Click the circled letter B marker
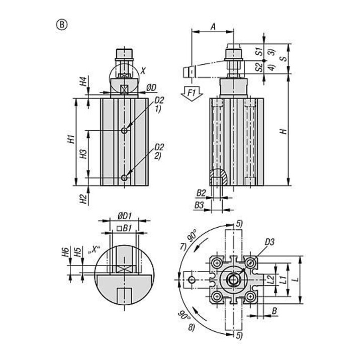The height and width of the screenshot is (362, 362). [x=62, y=25]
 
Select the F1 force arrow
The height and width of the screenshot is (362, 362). [x=192, y=94]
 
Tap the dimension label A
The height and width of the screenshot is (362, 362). [x=213, y=27]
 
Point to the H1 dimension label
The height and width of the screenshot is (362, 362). [x=72, y=139]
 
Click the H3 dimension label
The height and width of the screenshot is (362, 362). [x=84, y=154]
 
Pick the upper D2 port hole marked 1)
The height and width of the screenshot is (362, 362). [x=125, y=131]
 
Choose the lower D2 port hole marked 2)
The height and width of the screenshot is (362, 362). [x=125, y=178]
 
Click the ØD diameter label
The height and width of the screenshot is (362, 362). [x=151, y=87]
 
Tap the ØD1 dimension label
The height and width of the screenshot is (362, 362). [x=125, y=216]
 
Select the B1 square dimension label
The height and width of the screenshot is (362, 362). [x=124, y=228]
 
